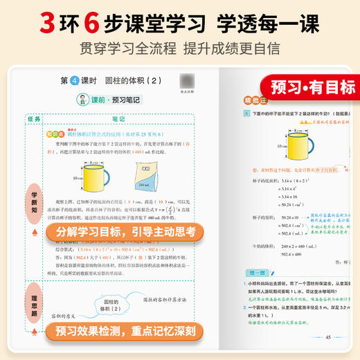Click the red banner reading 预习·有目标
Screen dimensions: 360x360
[x=312, y=88]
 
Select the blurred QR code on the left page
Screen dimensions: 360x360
[x=186, y=81]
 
